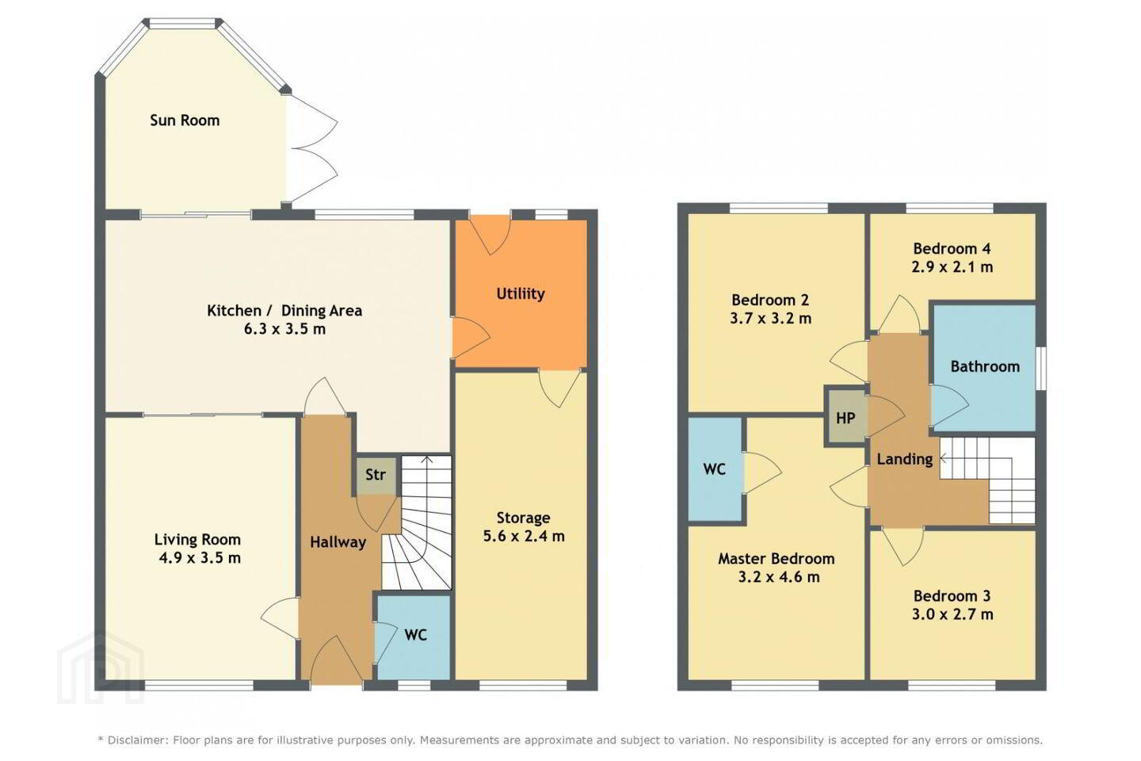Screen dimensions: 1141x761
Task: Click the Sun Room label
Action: [x=185, y=120]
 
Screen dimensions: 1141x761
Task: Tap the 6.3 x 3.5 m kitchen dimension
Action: [x=284, y=329]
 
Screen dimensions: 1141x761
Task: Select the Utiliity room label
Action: [x=521, y=293]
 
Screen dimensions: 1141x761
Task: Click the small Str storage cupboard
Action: [x=376, y=475]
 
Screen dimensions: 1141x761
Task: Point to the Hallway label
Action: [x=338, y=542]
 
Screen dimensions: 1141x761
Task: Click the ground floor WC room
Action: [x=414, y=637]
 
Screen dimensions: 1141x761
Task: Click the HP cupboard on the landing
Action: [x=845, y=418]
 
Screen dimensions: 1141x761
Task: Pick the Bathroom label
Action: [x=985, y=366]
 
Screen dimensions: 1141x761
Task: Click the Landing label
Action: [x=905, y=459]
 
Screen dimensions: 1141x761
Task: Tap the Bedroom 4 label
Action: [x=952, y=249]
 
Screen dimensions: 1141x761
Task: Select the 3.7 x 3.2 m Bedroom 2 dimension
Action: [x=771, y=319]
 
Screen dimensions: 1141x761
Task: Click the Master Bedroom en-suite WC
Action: [x=715, y=469]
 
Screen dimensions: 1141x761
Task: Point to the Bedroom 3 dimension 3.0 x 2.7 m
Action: [x=952, y=614]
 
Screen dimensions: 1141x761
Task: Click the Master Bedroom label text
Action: [x=777, y=559]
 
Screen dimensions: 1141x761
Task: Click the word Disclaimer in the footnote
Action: [x=138, y=740]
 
